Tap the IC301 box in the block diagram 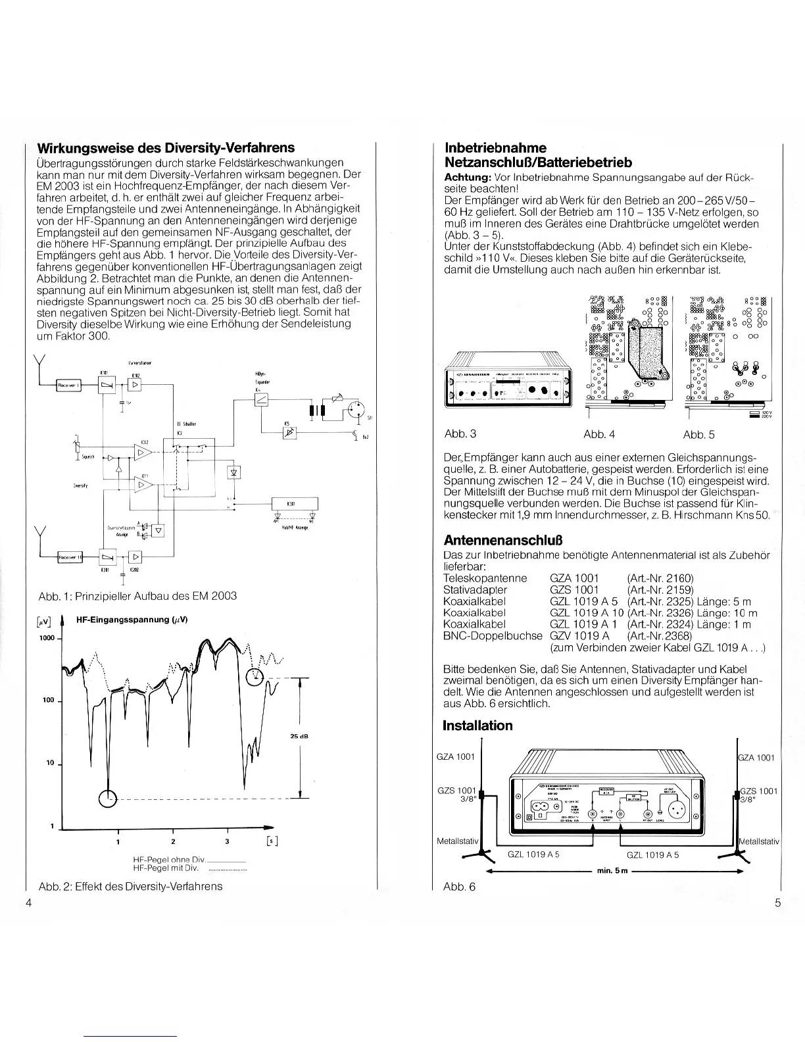tap(295, 505)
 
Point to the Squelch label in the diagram tap(87, 457)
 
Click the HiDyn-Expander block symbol tap(261, 401)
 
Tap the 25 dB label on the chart tap(299, 736)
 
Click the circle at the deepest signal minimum tap(107, 799)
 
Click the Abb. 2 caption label tap(130, 886)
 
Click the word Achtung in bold tap(467, 178)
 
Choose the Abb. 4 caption tap(598, 434)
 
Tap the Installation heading tap(477, 726)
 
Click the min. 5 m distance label tap(612, 871)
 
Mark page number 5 tap(777, 903)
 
